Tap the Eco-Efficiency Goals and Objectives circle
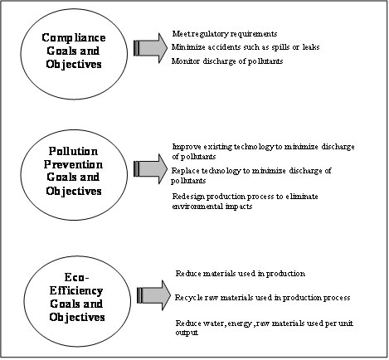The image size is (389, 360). click(74, 292)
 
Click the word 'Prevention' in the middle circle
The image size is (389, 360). click(74, 166)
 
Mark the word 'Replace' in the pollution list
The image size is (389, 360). click(185, 171)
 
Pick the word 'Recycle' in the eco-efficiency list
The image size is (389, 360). click(188, 297)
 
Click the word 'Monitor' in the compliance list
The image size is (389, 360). click(186, 62)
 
